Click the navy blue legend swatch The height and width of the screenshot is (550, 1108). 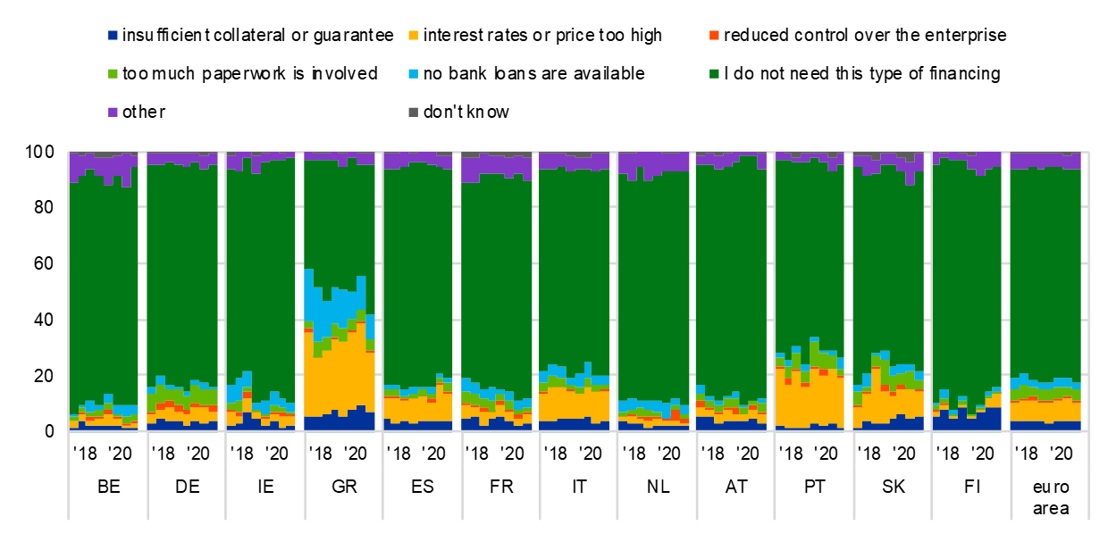click(x=113, y=36)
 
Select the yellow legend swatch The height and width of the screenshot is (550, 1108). click(x=413, y=36)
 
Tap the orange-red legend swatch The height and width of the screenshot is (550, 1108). click(x=714, y=36)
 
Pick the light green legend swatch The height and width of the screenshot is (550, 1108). click(x=113, y=74)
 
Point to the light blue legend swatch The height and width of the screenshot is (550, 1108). click(x=413, y=74)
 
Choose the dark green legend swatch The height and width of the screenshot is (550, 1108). click(x=714, y=74)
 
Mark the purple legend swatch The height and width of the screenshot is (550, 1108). click(x=113, y=112)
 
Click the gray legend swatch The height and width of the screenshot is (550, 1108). click(x=413, y=112)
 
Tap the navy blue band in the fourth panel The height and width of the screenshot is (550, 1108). click(x=340, y=421)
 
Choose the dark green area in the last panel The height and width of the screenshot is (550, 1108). click(x=1045, y=268)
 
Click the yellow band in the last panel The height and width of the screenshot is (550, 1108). click(x=1045, y=411)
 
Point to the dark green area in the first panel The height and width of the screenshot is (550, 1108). click(x=103, y=286)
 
